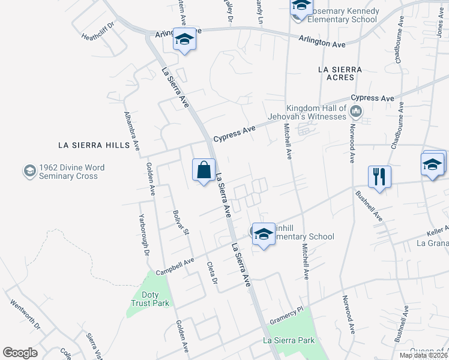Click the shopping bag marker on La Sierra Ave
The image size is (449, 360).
click(204, 170)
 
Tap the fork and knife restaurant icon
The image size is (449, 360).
click(379, 177)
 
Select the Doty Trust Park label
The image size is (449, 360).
click(142, 299)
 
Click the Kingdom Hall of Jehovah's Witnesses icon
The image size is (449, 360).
click(356, 111)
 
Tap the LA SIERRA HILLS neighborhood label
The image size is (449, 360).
click(94, 145)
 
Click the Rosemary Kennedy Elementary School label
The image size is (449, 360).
click(343, 15)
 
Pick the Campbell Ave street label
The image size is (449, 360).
click(175, 266)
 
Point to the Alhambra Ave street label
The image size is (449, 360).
click(132, 130)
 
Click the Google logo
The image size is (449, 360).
click(20, 352)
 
